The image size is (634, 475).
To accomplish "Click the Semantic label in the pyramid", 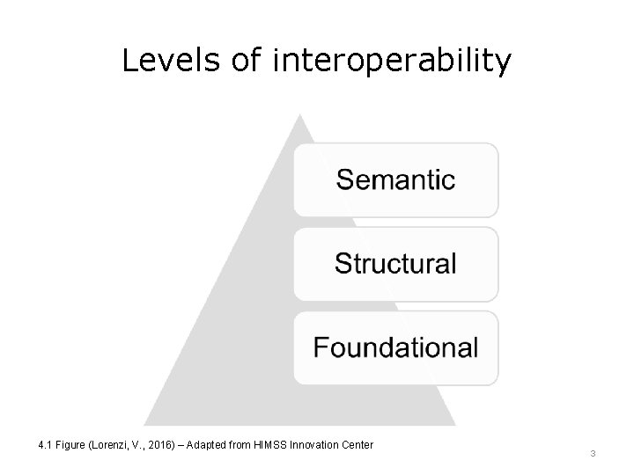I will click(395, 180).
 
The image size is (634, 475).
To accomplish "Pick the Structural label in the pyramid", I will click(395, 263).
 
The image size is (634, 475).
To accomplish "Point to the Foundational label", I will click(395, 347).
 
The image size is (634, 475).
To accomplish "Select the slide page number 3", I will click(593, 453).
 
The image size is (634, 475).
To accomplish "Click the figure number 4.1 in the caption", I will click(46, 445).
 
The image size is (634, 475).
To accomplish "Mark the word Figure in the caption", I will click(70, 445).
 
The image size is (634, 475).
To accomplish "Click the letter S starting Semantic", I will click(345, 180).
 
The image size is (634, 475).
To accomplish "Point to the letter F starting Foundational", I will click(321, 347).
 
